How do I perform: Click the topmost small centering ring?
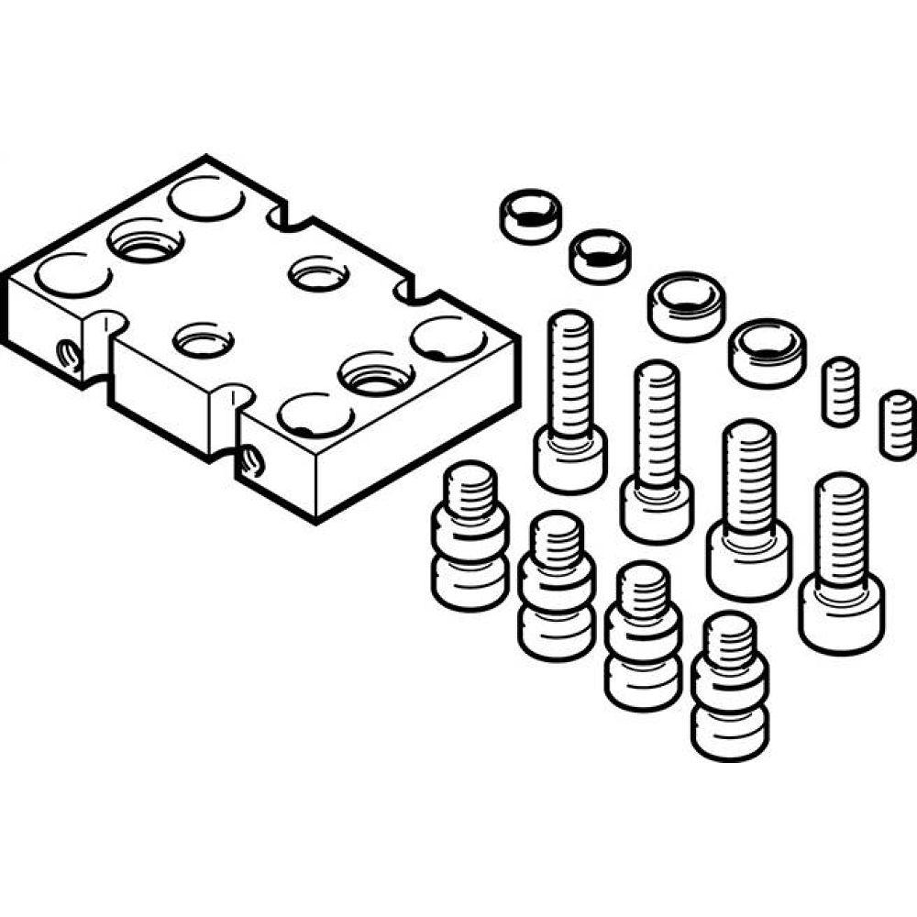(531, 215)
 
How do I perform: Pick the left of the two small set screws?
(840, 391)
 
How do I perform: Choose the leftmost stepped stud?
(470, 536)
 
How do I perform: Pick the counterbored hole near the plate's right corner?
(376, 374)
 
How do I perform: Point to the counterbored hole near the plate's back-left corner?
(145, 240)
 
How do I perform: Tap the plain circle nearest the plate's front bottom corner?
(315, 414)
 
